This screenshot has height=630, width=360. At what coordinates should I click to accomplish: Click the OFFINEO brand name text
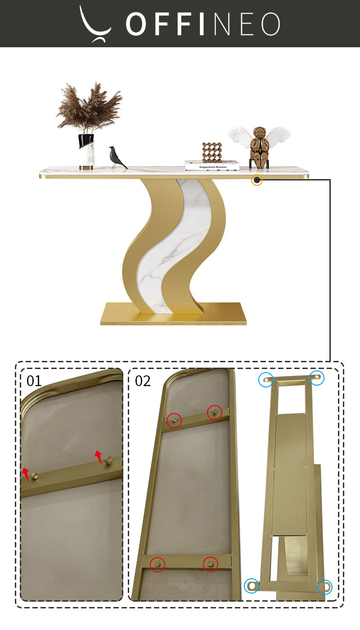click(203, 24)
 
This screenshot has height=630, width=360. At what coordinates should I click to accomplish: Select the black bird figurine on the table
click(117, 157)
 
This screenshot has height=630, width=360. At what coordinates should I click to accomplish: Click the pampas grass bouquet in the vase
click(90, 107)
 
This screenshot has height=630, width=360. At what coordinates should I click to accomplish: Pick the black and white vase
click(86, 152)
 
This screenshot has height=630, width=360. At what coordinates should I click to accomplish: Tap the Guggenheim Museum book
click(212, 165)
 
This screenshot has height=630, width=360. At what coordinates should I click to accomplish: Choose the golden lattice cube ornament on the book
click(212, 153)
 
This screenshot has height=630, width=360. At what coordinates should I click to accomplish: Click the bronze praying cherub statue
click(259, 148)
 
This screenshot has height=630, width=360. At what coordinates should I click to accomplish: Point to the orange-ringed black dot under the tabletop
click(257, 180)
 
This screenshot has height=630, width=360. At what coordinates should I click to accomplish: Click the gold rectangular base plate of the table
click(174, 314)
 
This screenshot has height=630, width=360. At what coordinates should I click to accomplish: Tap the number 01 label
click(34, 381)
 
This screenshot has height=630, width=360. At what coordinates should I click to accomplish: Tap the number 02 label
click(143, 381)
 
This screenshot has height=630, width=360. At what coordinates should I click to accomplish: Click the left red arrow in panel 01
click(26, 474)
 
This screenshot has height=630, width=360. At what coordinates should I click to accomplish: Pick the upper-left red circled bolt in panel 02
click(174, 420)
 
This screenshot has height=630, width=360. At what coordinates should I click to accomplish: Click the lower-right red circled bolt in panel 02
click(211, 564)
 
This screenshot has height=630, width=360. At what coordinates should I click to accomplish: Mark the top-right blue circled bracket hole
click(317, 378)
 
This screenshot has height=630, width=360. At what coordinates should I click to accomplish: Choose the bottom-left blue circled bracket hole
click(252, 585)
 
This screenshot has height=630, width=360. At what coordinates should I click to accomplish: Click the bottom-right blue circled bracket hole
click(324, 587)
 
